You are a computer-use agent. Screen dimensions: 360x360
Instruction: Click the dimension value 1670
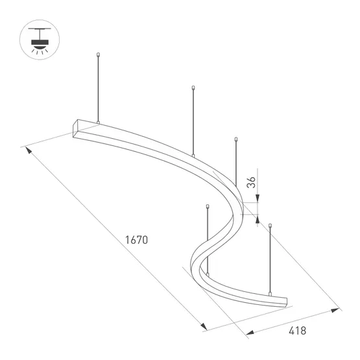(138, 240)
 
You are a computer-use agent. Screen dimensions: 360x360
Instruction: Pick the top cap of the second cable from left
(193, 88)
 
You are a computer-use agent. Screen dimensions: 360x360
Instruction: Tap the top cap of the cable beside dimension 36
(237, 138)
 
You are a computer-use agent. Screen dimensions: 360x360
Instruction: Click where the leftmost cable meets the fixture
(97, 121)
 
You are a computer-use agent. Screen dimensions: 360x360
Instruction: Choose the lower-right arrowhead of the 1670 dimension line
(203, 327)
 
